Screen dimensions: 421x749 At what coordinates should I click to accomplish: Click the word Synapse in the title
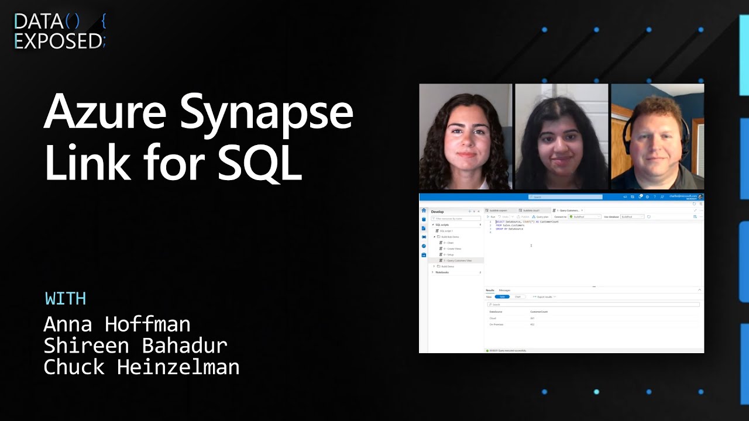266,114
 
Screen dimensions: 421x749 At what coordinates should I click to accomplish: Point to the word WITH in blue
66,298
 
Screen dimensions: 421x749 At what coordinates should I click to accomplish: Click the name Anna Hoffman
117,324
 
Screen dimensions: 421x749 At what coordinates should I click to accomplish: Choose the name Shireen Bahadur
135,346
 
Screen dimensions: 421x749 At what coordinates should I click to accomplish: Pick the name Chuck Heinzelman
141,367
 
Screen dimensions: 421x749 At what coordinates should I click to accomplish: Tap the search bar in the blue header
565,197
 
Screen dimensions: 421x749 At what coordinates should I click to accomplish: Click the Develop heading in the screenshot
437,212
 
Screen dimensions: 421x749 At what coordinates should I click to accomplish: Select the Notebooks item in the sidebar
442,272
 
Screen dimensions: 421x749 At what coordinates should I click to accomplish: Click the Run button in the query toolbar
492,217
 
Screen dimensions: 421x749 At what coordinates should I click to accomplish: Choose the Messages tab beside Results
504,290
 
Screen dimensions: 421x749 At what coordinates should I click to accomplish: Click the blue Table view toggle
502,297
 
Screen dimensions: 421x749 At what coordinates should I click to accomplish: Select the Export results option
544,297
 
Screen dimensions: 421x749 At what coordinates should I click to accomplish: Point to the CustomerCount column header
539,312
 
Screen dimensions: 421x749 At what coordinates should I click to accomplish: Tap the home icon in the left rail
424,210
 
